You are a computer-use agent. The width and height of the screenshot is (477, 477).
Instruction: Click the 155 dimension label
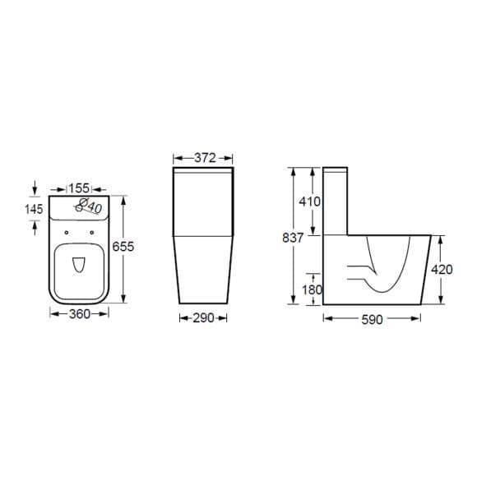pos(79,188)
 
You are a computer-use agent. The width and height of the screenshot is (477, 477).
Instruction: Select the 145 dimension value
pos(34,209)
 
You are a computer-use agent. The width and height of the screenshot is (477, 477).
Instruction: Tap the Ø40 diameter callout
pos(91,206)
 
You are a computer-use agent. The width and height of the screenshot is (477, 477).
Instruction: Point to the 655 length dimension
pos(123,247)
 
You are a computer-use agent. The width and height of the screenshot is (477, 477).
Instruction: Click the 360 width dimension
pos(80,313)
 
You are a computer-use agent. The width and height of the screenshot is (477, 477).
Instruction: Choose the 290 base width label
pos(203,318)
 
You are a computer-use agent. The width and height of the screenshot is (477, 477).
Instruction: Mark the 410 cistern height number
pos(310,201)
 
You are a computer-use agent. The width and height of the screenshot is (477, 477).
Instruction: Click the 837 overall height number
pos(293,238)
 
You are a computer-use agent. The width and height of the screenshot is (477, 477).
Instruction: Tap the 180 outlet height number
pos(312,289)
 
